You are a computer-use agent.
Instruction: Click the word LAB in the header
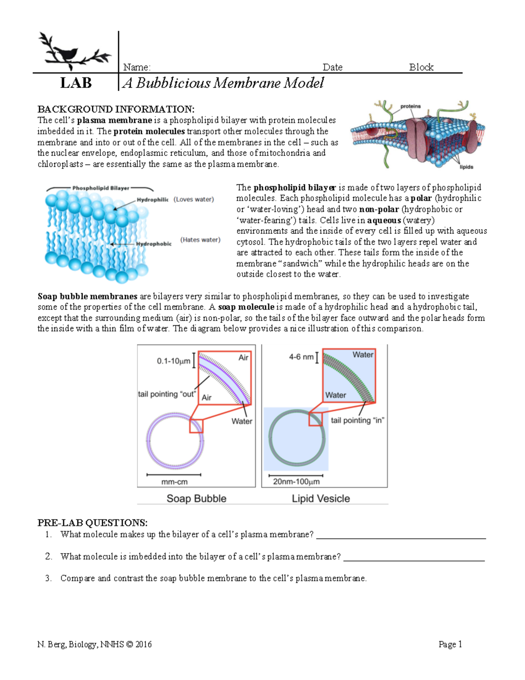point(76,83)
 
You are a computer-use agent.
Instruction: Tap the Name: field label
point(136,67)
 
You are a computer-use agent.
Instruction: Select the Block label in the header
point(421,67)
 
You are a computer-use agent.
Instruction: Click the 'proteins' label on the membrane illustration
point(410,106)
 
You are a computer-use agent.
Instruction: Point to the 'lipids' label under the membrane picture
point(466,167)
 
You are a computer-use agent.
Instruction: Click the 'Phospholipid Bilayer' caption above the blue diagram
point(101,188)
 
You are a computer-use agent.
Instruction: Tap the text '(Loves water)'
point(193,199)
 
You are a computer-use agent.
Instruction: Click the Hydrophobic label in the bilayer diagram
point(154,244)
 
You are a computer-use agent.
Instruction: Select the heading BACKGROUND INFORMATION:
point(115,109)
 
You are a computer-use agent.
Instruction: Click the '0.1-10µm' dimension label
point(173,361)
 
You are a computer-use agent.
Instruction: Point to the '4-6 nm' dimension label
point(301,357)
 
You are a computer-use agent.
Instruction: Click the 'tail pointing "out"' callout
point(166,394)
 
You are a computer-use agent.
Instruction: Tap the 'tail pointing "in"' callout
point(357,420)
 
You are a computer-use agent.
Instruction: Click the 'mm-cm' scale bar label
point(174,482)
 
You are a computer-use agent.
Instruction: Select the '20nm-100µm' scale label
point(296,482)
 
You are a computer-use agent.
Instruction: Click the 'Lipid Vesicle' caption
point(321,498)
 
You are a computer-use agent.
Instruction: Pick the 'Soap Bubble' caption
point(196,498)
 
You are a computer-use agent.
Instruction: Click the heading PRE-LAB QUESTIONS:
point(92,523)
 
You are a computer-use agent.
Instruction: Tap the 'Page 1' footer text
point(450,644)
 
